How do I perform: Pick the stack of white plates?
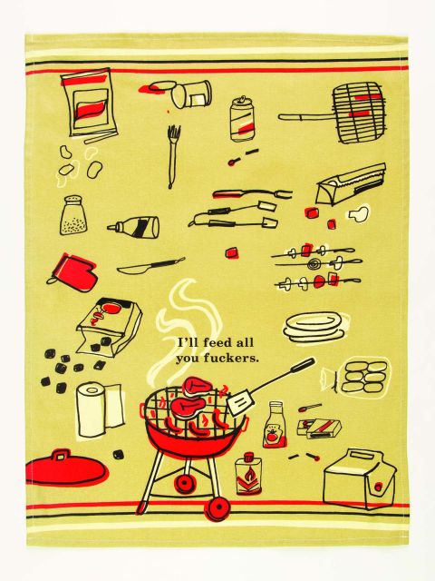tap(312, 327)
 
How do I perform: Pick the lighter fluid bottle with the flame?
tap(247, 473)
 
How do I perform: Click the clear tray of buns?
tap(364, 373)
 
